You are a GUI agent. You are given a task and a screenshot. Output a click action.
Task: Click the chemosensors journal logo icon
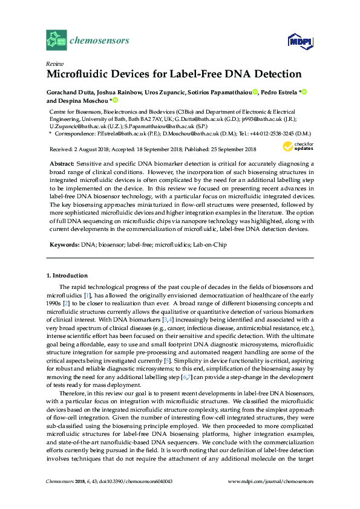[x=56, y=41]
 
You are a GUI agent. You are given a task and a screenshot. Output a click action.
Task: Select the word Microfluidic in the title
[x=76, y=74]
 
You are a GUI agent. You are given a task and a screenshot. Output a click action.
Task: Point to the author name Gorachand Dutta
[x=70, y=92]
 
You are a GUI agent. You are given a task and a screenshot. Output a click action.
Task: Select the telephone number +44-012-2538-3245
[x=270, y=134]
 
